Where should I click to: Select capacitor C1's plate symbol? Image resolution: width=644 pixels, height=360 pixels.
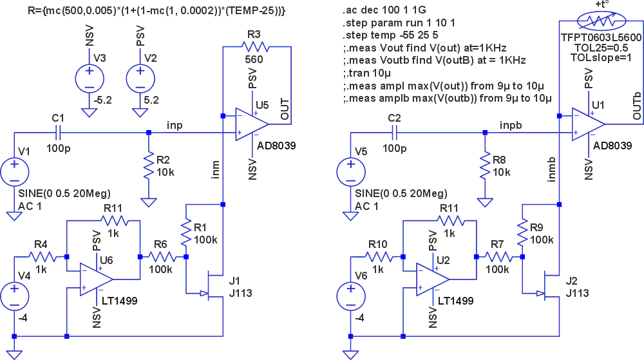coord(59,133)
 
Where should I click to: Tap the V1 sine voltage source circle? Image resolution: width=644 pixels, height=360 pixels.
coord(14,173)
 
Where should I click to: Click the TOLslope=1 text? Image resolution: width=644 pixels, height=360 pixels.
coord(600,57)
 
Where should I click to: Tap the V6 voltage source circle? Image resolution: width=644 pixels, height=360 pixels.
coord(351,296)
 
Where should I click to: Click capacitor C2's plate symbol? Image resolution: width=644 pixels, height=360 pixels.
coord(395,133)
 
